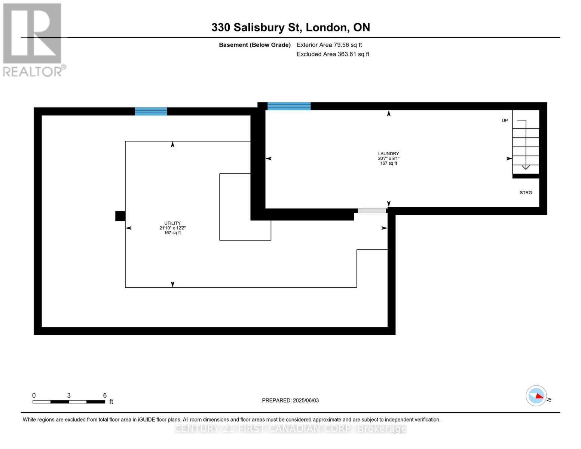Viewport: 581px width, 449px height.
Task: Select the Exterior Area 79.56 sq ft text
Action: (329, 45)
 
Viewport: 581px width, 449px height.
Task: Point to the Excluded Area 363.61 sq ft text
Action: (333, 54)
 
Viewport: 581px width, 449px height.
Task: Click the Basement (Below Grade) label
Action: (255, 45)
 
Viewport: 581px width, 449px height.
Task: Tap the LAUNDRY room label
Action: (388, 154)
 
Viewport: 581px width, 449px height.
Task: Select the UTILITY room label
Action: (172, 223)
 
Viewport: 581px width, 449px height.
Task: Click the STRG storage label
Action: (526, 193)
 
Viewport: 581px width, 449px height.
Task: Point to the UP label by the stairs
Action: (505, 120)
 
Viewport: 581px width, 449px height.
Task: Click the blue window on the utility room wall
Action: (151, 111)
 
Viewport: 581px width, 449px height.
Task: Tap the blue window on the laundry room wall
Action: (289, 106)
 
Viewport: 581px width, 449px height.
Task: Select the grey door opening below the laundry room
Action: (372, 211)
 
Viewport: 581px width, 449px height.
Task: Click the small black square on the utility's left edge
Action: (120, 216)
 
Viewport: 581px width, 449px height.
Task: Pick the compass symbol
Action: (536, 395)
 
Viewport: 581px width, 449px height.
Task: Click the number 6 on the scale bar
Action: (105, 395)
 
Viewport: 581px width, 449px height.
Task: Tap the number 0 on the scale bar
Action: (34, 395)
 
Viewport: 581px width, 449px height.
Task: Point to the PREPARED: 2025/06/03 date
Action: (290, 400)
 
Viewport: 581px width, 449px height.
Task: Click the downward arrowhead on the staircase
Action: (526, 167)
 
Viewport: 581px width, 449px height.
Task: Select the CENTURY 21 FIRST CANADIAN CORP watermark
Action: (290, 428)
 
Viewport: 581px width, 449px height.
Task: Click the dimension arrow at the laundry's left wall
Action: (269, 159)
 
